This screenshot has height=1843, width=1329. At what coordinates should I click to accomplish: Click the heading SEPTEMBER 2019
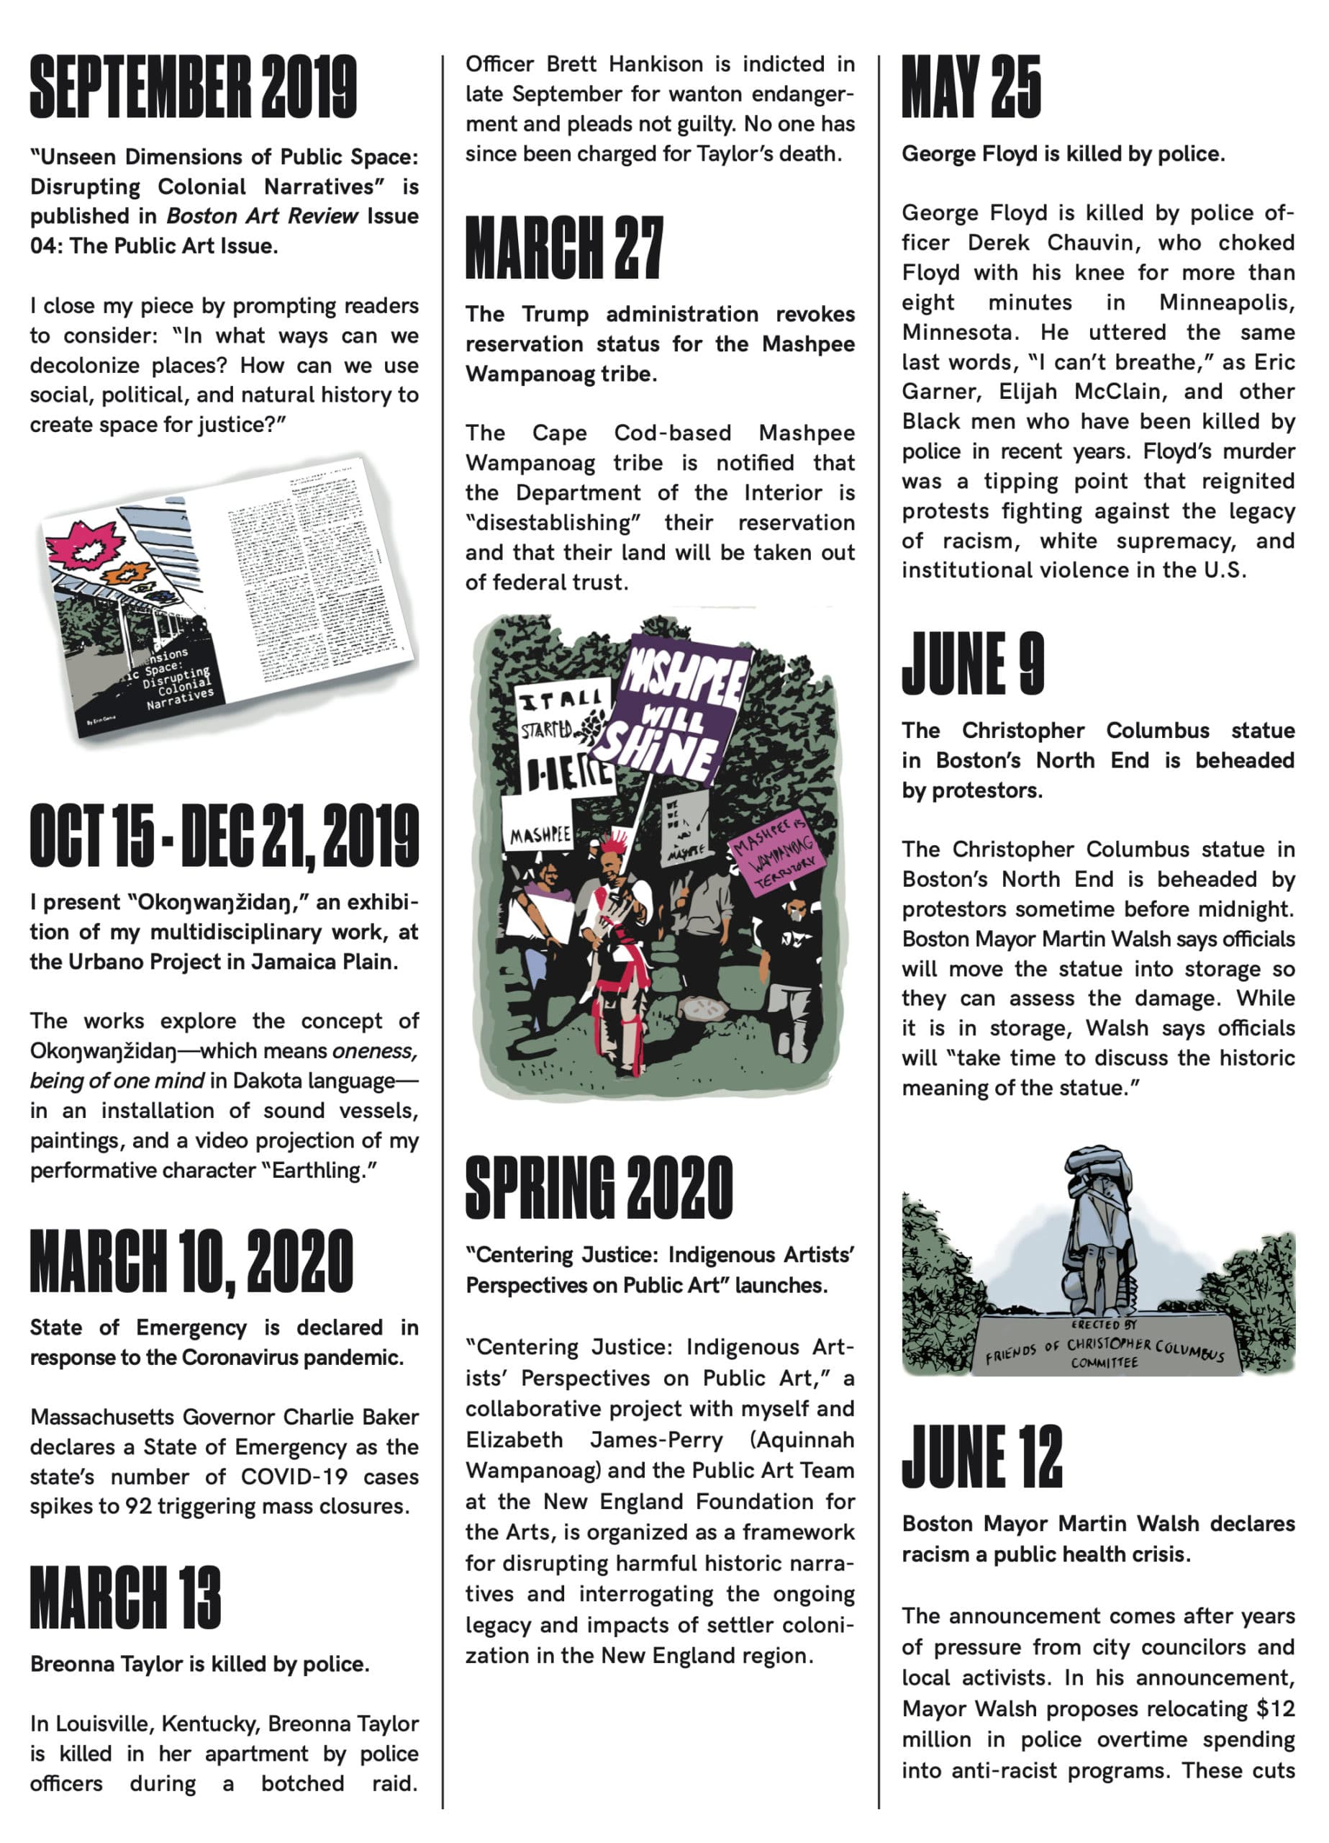[x=194, y=87]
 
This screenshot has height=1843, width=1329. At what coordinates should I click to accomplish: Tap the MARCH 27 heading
[x=564, y=248]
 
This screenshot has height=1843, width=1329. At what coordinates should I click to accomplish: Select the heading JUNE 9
[x=972, y=664]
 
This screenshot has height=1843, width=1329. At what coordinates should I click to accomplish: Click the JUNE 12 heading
[x=981, y=1456]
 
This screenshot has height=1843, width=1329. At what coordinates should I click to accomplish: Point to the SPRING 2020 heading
[x=599, y=1188]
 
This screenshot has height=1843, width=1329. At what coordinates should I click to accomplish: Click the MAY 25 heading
[x=971, y=87]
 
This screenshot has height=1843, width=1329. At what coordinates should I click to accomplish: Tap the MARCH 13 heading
[x=125, y=1598]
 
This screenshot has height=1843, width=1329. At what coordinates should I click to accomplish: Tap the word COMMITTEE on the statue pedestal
[x=1104, y=1363]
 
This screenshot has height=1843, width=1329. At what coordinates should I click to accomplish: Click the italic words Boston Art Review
[x=262, y=216]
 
